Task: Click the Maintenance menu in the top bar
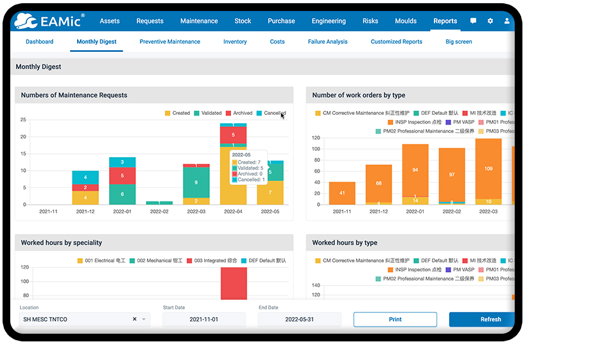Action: click(198, 21)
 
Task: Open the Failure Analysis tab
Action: click(327, 42)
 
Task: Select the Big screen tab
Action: click(458, 42)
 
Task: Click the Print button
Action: click(395, 320)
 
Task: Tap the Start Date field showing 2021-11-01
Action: click(203, 320)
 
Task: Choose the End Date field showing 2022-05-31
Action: click(299, 320)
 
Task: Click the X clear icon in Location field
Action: click(135, 320)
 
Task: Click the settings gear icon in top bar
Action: click(490, 21)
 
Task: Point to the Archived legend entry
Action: click(239, 113)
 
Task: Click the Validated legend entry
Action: click(207, 113)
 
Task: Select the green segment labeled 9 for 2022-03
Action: click(196, 182)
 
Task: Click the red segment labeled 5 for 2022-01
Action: click(122, 175)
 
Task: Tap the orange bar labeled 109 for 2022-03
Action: click(488, 169)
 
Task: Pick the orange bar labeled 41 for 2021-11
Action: click(342, 193)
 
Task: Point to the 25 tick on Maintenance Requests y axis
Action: click(23, 120)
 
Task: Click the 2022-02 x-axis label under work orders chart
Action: click(451, 211)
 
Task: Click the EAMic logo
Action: click(49, 21)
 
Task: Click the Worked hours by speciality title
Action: click(61, 243)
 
